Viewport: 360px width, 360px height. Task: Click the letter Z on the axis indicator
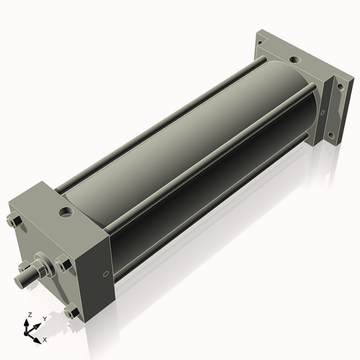coord(30,315)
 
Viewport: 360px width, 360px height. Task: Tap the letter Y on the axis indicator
coord(45,319)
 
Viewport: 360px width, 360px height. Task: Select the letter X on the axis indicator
coord(45,340)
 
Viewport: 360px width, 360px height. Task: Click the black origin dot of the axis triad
coord(26,333)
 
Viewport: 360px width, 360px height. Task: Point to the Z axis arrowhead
coord(26,322)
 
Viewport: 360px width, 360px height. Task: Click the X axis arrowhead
coord(37,341)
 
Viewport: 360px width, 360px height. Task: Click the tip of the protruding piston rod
coord(19,281)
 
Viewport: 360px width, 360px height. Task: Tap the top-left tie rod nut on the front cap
coord(14,221)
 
